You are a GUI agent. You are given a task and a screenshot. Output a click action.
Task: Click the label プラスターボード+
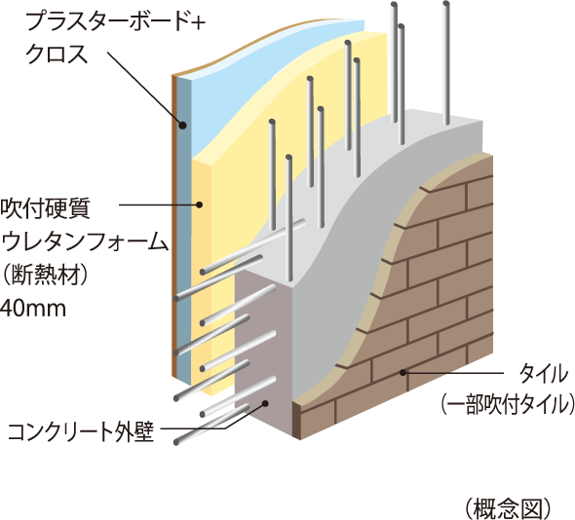tap(115, 21)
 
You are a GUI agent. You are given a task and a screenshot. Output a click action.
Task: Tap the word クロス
tap(57, 54)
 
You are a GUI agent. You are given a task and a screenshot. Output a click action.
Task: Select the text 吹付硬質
tap(45, 209)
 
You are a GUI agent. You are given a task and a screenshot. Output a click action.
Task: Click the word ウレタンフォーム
tap(85, 241)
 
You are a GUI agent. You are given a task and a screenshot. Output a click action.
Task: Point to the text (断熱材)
tap(46, 275)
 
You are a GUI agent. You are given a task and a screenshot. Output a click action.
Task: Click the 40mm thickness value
tap(33, 309)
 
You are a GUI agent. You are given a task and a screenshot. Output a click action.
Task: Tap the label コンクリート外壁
tap(81, 432)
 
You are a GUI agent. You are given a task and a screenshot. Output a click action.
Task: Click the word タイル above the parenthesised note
tap(544, 373)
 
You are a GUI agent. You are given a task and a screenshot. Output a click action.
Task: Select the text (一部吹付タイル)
tap(507, 404)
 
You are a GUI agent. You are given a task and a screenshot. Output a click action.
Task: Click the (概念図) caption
tap(509, 508)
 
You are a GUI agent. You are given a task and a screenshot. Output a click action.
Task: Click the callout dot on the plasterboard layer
tap(182, 126)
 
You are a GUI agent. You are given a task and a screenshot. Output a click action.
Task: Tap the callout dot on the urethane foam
tap(200, 204)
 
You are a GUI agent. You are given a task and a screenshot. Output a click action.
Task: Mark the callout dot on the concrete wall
tap(265, 403)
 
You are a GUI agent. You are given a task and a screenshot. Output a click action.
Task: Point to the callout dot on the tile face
tap(402, 373)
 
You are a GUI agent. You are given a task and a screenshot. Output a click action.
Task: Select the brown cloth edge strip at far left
tap(174, 227)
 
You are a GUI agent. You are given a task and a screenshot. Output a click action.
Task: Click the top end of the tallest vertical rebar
tap(446, 4)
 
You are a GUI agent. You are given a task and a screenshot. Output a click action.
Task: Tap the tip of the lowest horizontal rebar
tap(176, 441)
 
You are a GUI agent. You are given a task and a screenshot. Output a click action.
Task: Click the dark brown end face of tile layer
tap(296, 420)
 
